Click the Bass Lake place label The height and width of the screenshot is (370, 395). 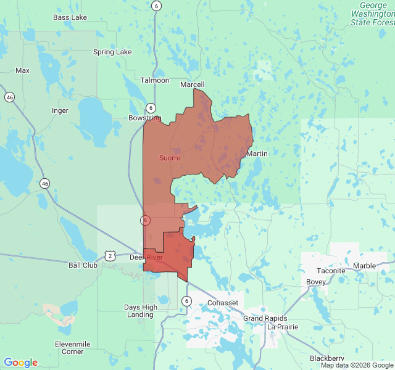tap(70, 17)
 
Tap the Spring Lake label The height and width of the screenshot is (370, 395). tap(112, 52)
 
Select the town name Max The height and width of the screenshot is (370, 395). tap(23, 70)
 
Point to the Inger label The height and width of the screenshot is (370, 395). tap(60, 111)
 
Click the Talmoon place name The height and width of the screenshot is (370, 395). tap(154, 80)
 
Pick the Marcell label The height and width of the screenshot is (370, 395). tap(192, 84)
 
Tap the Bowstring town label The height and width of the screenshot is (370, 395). tap(144, 118)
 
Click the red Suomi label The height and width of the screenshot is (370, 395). tap(170, 158)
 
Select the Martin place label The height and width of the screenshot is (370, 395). tap(257, 153)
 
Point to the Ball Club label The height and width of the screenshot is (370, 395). tap(83, 265)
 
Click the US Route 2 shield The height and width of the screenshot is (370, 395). tap(109, 255)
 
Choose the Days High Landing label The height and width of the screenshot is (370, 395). tap(141, 311)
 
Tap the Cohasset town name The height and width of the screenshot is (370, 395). tap(222, 303)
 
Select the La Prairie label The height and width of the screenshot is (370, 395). tap(283, 327)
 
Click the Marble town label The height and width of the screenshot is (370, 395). tap(364, 266)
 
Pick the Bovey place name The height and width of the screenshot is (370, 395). tap(316, 282)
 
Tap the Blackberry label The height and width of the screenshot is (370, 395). tap(327, 358)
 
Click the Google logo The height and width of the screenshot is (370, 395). tap(20, 363)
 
